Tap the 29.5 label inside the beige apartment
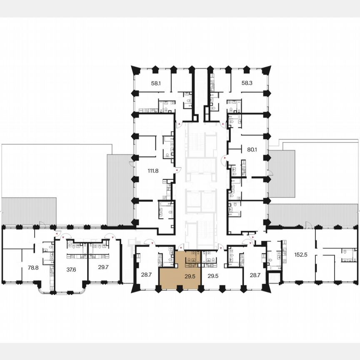(190, 275)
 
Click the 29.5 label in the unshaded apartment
(213, 275)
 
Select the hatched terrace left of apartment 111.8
(120, 190)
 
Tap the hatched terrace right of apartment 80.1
(282, 173)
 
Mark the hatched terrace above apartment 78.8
(29, 211)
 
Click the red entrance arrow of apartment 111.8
(177, 170)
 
